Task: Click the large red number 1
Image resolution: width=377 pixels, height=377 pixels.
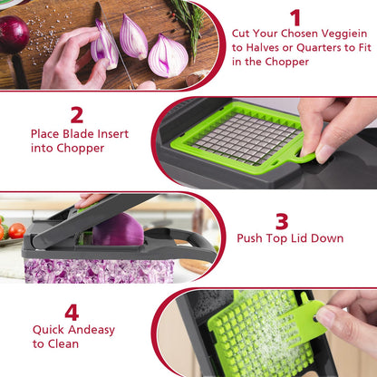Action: pyautogui.click(x=295, y=17)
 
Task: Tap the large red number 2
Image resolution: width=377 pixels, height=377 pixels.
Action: pyautogui.click(x=77, y=114)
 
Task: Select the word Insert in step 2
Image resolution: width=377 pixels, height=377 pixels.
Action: pyautogui.click(x=112, y=134)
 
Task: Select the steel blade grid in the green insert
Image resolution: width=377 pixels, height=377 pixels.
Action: pyautogui.click(x=246, y=138)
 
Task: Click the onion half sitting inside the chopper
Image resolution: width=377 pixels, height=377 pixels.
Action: pyautogui.click(x=118, y=229)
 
